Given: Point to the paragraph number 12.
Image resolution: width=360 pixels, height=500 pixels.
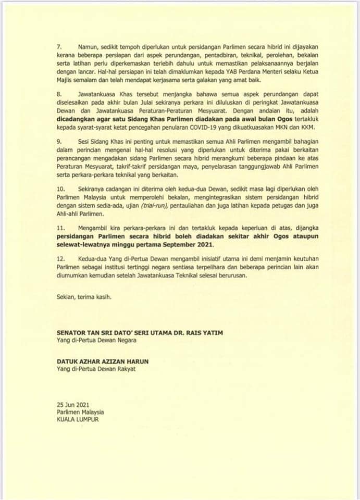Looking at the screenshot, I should (x=60, y=259).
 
